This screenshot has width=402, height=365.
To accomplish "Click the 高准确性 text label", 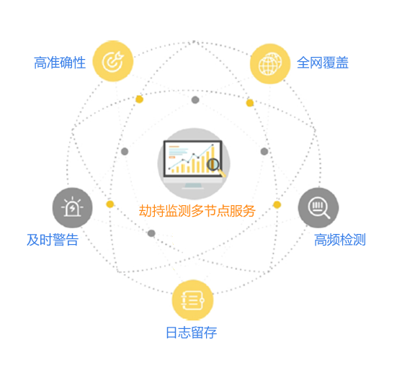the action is pyautogui.click(x=60, y=63).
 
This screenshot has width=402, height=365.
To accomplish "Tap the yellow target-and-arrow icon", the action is pyautogui.click(x=113, y=61).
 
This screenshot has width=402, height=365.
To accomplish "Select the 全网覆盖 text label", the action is pyautogui.click(x=323, y=63).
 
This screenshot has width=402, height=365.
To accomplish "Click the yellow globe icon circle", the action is pyautogui.click(x=270, y=64).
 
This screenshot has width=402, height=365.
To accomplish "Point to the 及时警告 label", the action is pyautogui.click(x=53, y=240).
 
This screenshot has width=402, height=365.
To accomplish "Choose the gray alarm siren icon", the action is pyautogui.click(x=73, y=207).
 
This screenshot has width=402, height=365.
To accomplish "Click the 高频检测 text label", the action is pyautogui.click(x=340, y=240).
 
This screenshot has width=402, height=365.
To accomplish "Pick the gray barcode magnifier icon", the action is pyautogui.click(x=318, y=207).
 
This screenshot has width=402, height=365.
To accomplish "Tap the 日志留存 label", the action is pyautogui.click(x=192, y=333).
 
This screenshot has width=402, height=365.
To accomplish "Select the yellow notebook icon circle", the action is pyautogui.click(x=192, y=300).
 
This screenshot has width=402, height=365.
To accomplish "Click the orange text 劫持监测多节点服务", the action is pyautogui.click(x=197, y=211).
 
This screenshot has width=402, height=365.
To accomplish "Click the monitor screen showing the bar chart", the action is pyautogui.click(x=193, y=158).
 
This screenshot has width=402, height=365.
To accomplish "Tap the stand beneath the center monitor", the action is pyautogui.click(x=193, y=186).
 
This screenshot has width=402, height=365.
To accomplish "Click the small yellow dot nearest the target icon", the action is pyautogui.click(x=139, y=99).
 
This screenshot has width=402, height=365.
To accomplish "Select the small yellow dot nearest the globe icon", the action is pyautogui.click(x=250, y=103).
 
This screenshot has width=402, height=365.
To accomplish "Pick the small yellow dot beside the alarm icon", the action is pyautogui.click(x=110, y=204).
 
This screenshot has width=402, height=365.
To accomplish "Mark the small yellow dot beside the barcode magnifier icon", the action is pyautogui.click(x=277, y=204).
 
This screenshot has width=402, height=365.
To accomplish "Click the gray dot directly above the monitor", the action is pyautogui.click(x=195, y=100).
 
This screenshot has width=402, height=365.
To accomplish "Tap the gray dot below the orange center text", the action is pyautogui.click(x=151, y=233).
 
